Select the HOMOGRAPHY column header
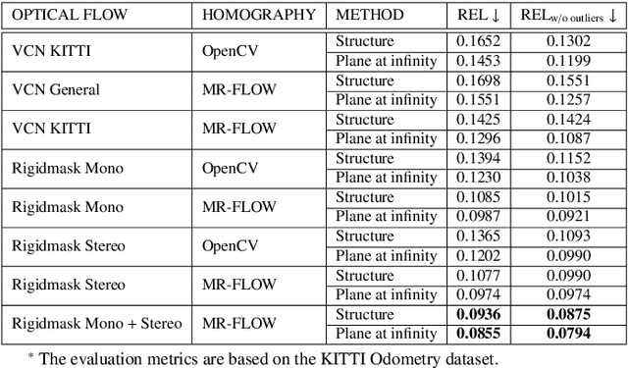(x=258, y=16)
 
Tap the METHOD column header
(x=369, y=16)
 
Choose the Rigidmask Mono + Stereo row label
(x=96, y=322)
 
